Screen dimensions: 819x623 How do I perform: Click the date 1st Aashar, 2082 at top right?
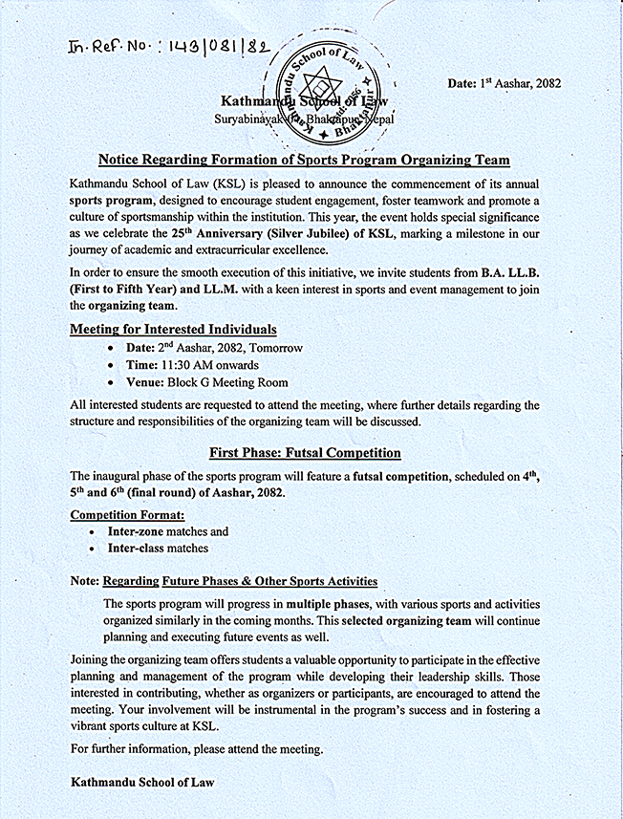(504, 84)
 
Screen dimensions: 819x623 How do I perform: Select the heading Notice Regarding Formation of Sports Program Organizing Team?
(305, 160)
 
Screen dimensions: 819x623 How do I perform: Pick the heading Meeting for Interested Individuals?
(173, 329)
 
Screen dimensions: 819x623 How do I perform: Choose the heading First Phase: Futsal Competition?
(305, 452)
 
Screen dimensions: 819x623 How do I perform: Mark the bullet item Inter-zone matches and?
(168, 531)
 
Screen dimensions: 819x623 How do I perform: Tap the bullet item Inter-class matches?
(159, 549)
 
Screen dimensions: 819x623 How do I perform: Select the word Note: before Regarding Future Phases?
(85, 580)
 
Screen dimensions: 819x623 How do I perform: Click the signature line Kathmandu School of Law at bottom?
(142, 782)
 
